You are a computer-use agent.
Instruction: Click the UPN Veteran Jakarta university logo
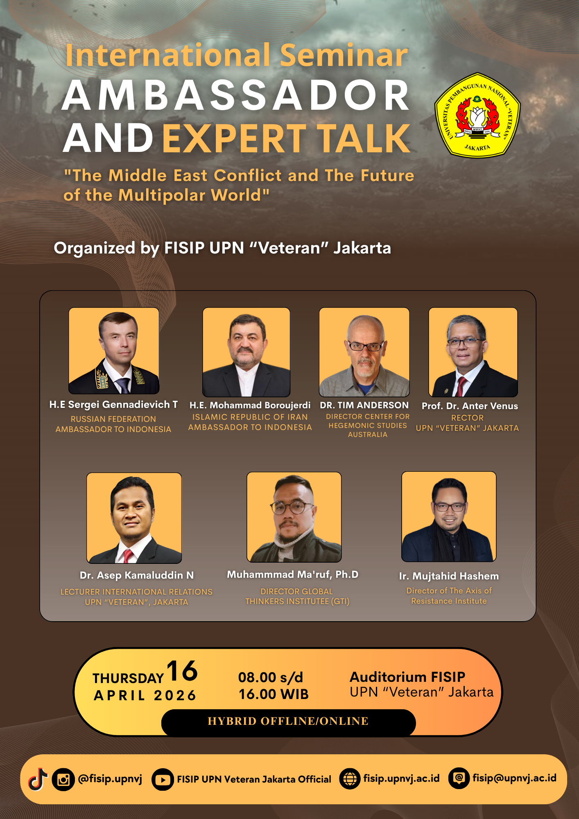click(x=477, y=115)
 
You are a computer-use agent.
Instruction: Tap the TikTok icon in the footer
click(x=38, y=779)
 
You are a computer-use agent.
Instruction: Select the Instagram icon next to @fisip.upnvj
click(x=63, y=779)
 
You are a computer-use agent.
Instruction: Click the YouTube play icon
click(x=163, y=779)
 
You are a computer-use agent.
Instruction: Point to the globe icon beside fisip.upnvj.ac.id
click(x=350, y=779)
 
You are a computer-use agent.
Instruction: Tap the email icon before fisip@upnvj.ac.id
click(x=459, y=778)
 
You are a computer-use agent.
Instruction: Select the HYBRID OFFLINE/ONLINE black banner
click(x=288, y=722)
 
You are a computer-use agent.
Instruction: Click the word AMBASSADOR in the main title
click(x=236, y=95)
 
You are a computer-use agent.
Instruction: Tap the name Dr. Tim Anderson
click(x=364, y=405)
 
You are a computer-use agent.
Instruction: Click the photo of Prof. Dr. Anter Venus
click(x=473, y=352)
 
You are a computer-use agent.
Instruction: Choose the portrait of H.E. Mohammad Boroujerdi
click(x=247, y=352)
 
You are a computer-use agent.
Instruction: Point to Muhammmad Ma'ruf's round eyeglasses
click(x=292, y=508)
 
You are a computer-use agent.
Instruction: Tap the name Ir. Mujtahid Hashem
click(x=449, y=576)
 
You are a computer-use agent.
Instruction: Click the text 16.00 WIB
click(x=274, y=694)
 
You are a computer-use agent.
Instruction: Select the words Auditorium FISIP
click(x=407, y=677)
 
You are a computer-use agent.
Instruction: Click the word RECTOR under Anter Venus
click(x=467, y=418)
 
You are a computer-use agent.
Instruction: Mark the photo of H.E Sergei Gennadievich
click(x=114, y=351)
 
